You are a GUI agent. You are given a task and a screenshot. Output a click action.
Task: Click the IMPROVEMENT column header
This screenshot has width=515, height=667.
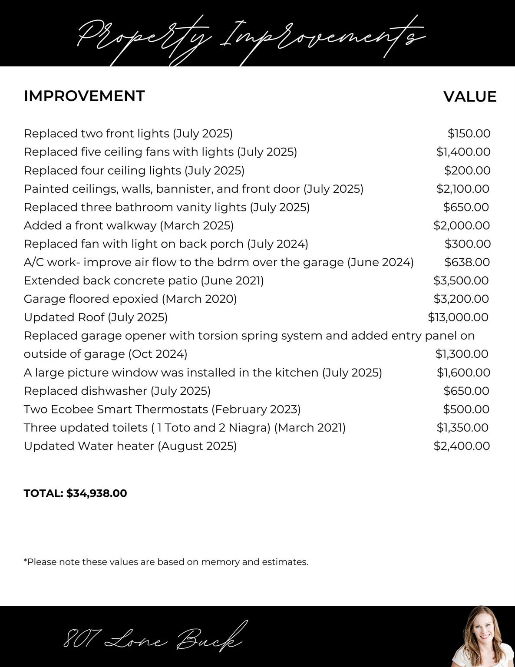click(x=84, y=96)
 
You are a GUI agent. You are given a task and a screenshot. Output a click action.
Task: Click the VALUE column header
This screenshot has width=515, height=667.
click(x=469, y=96)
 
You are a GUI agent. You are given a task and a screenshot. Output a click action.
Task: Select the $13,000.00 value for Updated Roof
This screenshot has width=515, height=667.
click(x=458, y=317)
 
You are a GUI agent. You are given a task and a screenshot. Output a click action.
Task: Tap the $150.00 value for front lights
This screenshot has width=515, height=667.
click(x=469, y=133)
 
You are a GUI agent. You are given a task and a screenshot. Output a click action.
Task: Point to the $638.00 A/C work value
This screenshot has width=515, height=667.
click(x=467, y=262)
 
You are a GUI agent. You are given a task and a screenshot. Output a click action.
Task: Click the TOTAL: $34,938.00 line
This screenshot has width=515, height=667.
click(x=75, y=493)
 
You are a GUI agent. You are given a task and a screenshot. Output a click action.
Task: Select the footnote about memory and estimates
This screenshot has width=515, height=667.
click(x=166, y=562)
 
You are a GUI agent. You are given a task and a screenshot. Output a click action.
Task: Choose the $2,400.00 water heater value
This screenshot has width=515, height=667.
click(x=462, y=446)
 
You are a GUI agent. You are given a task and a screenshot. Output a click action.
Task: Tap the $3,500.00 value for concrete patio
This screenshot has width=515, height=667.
click(x=461, y=281)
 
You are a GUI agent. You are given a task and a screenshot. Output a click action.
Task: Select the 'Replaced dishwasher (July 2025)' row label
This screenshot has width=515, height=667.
click(x=117, y=391)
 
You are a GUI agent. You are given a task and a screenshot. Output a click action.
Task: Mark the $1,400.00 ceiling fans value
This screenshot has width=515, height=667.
click(x=463, y=152)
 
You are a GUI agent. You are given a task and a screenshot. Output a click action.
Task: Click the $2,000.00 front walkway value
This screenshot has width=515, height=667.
click(x=462, y=226)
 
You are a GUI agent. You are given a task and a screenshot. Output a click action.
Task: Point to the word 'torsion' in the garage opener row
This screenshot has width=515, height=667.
click(x=215, y=336)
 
